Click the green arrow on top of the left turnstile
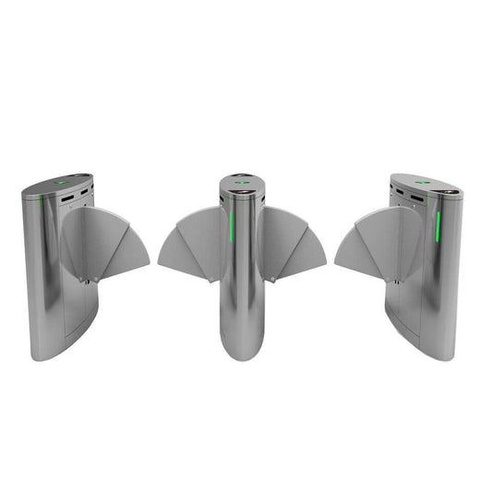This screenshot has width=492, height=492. tap(61, 181)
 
